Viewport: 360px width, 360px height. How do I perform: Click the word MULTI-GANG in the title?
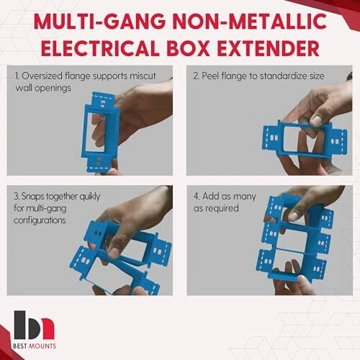100,21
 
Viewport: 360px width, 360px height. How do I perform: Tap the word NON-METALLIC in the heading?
250,21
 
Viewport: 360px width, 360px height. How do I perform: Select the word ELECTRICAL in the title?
100,48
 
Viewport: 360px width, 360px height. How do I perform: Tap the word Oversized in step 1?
42,76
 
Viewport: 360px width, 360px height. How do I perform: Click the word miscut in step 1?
143,76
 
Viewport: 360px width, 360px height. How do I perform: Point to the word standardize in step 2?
284,76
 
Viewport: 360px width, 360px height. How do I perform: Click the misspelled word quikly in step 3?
90,197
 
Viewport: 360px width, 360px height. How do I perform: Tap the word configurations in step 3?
40,220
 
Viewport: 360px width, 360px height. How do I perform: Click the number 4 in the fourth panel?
196,196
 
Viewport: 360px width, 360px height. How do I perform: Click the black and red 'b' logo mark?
34,325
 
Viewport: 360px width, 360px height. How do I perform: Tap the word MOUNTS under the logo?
42,346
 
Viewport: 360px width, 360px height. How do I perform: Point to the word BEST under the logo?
20,346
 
